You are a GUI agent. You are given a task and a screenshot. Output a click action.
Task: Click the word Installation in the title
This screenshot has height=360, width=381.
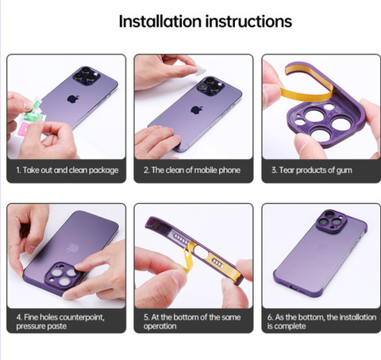coord(160,21)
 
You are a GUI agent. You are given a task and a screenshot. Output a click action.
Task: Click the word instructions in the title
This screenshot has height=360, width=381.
coord(248,21)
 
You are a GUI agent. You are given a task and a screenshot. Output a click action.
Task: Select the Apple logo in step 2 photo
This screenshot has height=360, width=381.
coord(197,109)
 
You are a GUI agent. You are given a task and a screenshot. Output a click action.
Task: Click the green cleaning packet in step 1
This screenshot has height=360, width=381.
coord(34,113)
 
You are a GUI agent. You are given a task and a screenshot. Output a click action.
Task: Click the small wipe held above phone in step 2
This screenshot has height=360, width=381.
coord(201,71)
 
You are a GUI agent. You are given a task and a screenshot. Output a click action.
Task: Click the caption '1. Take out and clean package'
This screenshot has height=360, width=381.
coord(67,170)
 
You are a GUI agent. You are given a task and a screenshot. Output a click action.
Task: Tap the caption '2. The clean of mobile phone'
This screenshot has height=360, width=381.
coord(192,170)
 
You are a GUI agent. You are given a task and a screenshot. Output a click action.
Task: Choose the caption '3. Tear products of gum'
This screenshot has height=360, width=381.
coord(312,170)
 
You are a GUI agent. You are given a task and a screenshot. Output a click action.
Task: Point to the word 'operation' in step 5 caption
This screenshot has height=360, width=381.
coord(160,326)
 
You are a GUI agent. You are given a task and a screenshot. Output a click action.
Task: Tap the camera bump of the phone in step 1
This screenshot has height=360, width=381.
coord(87,76)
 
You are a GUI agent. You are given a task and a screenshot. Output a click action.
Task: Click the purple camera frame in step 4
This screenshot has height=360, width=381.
coord(62,276)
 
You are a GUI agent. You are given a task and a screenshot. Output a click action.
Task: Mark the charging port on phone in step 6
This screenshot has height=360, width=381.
coord(293,287)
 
